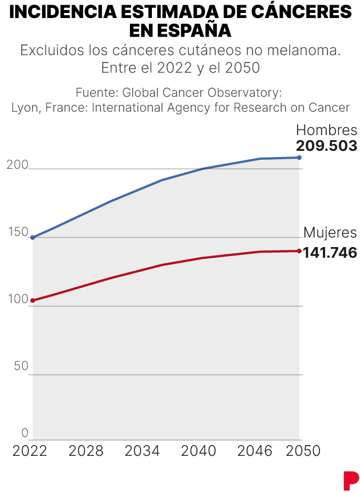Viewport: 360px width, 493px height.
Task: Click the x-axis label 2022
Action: coord(30,451)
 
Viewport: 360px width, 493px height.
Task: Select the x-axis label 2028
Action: coord(86,451)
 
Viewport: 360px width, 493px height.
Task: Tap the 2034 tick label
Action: coord(142,451)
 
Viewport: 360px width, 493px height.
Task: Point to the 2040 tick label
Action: coord(199,451)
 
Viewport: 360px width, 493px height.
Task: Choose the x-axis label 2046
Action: coord(255,451)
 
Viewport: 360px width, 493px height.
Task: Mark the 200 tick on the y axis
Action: coord(17,164)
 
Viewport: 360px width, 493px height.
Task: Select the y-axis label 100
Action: coord(17,299)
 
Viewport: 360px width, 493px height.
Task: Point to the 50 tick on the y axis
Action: coord(21,366)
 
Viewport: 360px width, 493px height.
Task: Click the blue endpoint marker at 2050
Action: coord(299,158)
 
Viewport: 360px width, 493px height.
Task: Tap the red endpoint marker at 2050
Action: coord(299,251)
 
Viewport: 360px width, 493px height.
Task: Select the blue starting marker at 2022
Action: coord(33,237)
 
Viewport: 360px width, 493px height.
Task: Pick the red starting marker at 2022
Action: coord(33,301)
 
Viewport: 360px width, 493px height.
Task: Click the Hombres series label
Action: coord(327,130)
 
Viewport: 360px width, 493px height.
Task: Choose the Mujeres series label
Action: coord(330,233)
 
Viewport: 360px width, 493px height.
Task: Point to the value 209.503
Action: coord(327,146)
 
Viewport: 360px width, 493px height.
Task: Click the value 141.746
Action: coord(330,253)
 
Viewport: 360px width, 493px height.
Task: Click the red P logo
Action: coord(350,479)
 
